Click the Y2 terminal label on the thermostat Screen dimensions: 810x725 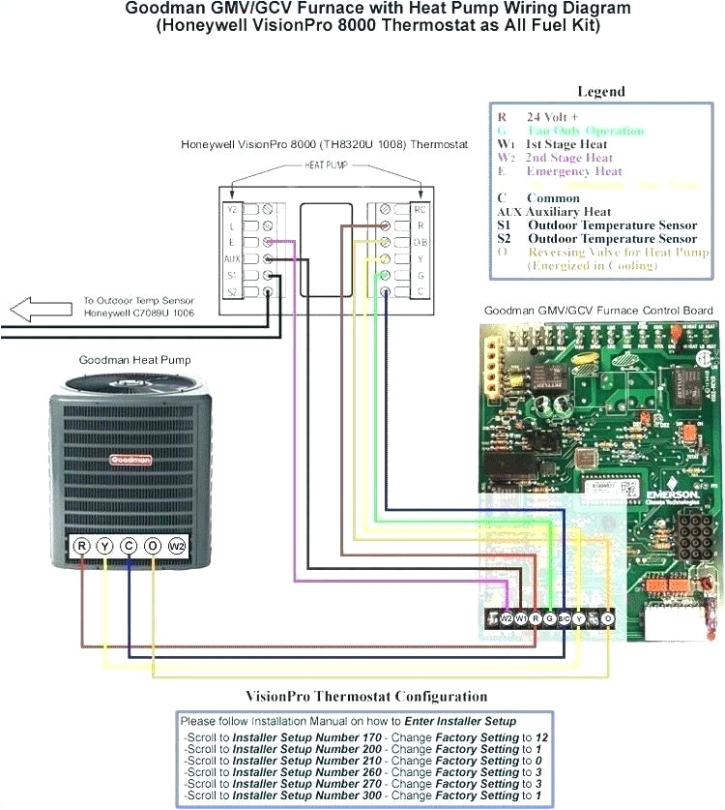click(x=231, y=209)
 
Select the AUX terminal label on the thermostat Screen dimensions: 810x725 click(x=232, y=259)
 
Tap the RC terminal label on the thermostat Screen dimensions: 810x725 click(x=419, y=209)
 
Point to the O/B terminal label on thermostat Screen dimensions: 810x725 click(x=419, y=243)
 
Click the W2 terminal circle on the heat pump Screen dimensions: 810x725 click(x=176, y=546)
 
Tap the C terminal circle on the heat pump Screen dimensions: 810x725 click(x=129, y=546)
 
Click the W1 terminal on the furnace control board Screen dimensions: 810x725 click(x=520, y=617)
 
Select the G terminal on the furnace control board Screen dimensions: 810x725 click(x=549, y=617)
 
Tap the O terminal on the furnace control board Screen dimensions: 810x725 click(x=607, y=617)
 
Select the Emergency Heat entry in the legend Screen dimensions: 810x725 click(x=574, y=171)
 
